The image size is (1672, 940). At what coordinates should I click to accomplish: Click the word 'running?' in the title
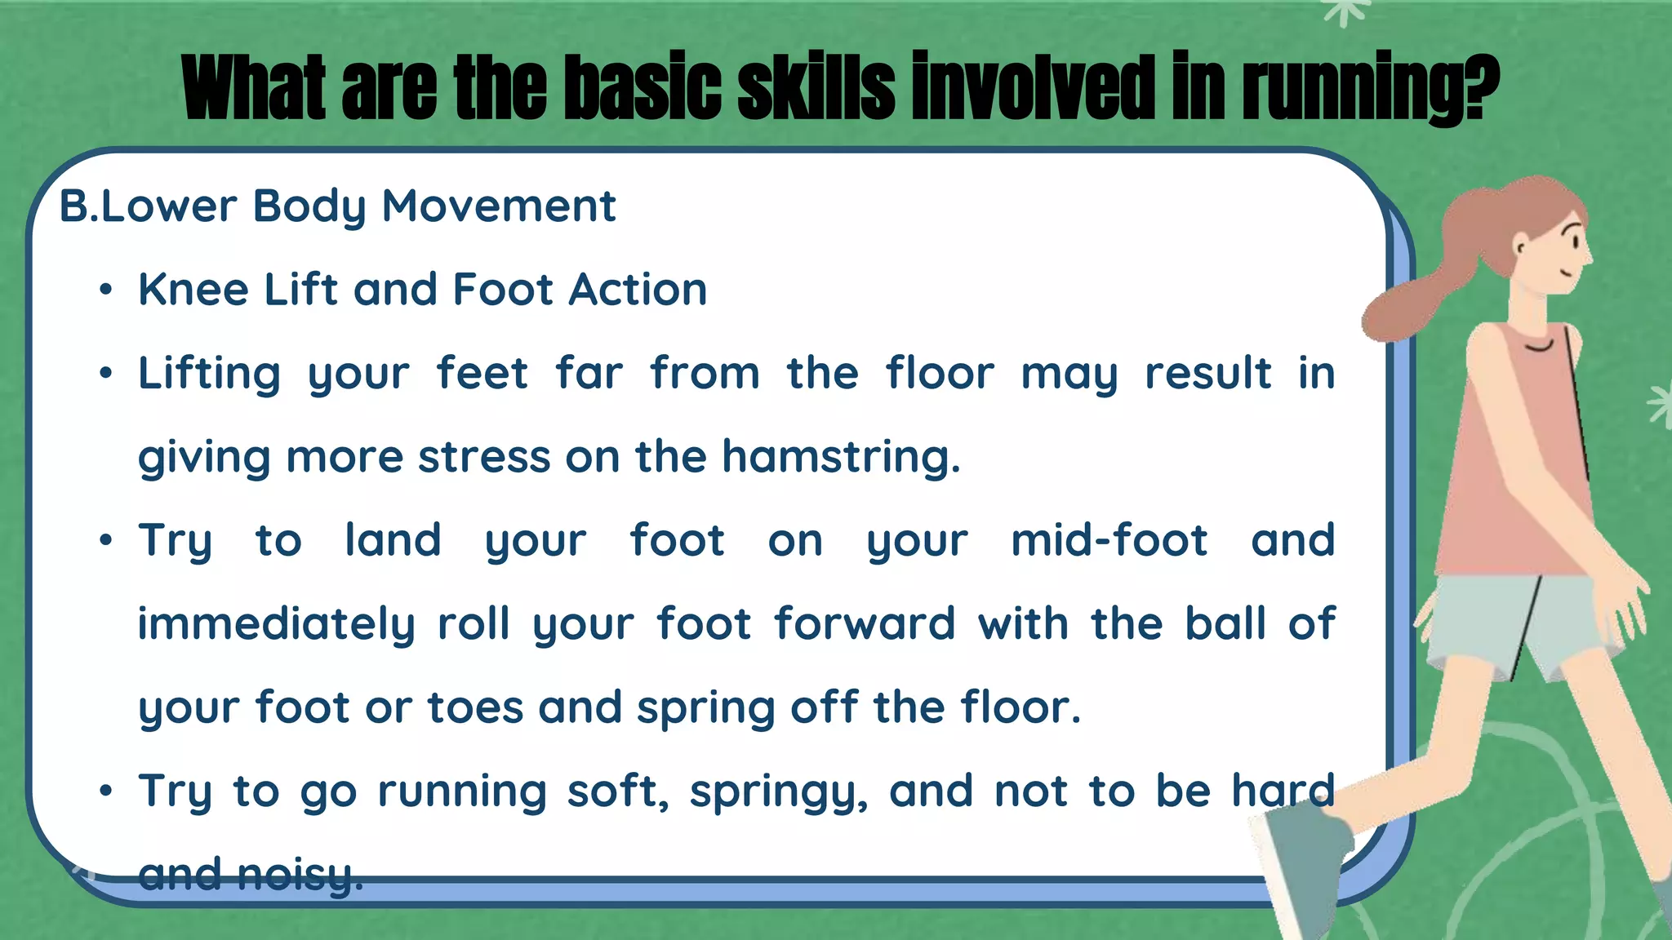(1372, 88)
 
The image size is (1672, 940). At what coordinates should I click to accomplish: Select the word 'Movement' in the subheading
(499, 206)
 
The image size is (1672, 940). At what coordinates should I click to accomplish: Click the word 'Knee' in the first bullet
(193, 290)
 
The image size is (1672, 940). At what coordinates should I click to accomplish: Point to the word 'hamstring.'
(841, 457)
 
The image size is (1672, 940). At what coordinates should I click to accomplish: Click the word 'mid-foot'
(1109, 541)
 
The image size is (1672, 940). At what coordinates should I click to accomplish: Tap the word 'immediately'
(276, 625)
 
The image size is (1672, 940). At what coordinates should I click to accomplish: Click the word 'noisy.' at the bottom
(300, 875)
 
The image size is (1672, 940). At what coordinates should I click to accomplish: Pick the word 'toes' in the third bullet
(475, 707)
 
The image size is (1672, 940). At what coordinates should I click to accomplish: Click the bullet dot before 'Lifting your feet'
(105, 375)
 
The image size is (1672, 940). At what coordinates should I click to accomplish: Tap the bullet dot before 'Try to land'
(105, 541)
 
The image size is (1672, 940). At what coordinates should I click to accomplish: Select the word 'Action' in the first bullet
(638, 290)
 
